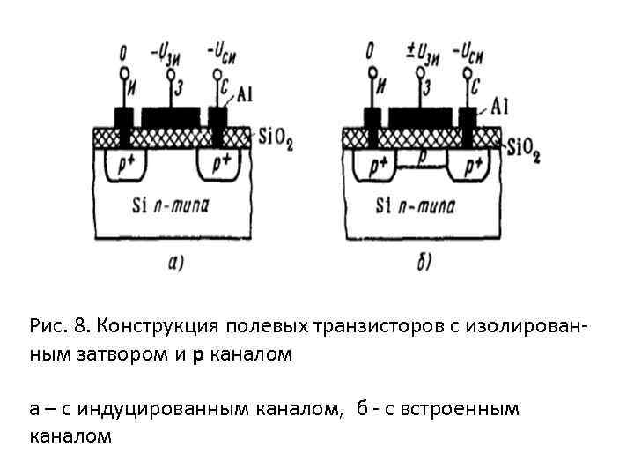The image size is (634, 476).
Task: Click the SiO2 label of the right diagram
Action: (x=523, y=149)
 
